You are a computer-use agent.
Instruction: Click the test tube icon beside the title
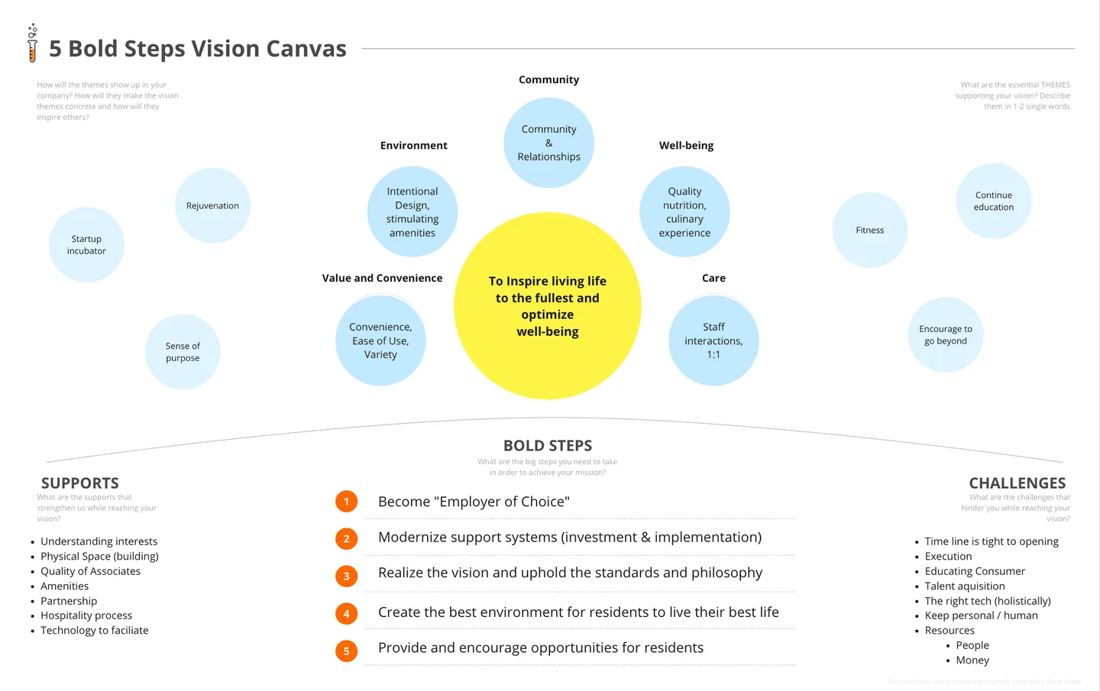click(x=32, y=44)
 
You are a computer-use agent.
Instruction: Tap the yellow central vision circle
click(x=547, y=305)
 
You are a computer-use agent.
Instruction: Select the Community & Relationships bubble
click(x=548, y=143)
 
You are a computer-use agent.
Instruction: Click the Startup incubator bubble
click(x=86, y=244)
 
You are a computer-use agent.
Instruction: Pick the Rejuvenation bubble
click(x=212, y=205)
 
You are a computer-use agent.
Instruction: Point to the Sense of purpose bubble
click(x=183, y=352)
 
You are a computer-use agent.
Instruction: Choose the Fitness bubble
click(x=869, y=230)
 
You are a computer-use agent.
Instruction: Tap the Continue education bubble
click(x=993, y=201)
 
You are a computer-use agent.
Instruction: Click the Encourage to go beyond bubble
click(x=945, y=334)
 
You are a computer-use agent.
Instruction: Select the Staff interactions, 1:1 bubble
click(x=713, y=341)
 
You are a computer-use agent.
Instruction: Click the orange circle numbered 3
click(x=346, y=576)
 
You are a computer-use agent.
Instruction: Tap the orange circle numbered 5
click(x=346, y=651)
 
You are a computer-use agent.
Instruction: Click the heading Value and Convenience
click(x=382, y=278)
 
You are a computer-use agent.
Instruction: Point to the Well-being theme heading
click(x=686, y=145)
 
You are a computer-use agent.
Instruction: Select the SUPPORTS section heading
click(x=80, y=483)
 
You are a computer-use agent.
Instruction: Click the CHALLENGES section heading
click(x=1017, y=483)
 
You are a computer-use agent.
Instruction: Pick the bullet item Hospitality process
click(x=86, y=615)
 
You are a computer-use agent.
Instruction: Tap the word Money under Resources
click(x=972, y=660)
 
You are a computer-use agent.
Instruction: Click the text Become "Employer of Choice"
click(x=474, y=502)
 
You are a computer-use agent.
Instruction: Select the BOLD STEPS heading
click(x=548, y=445)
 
